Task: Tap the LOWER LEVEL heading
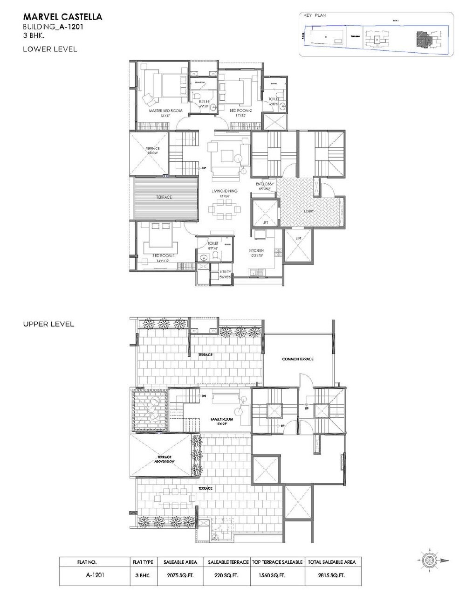pyautogui.click(x=50, y=48)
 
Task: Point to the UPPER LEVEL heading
pyautogui.click(x=48, y=324)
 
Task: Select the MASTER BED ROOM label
pyautogui.click(x=165, y=111)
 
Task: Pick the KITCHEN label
pyautogui.click(x=256, y=250)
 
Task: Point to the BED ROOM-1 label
pyautogui.click(x=163, y=255)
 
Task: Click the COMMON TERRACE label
pyautogui.click(x=298, y=359)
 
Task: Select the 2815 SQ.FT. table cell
pyautogui.click(x=332, y=576)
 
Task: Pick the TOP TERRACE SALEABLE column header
pyautogui.click(x=277, y=562)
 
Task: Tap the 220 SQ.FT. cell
pyautogui.click(x=223, y=576)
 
